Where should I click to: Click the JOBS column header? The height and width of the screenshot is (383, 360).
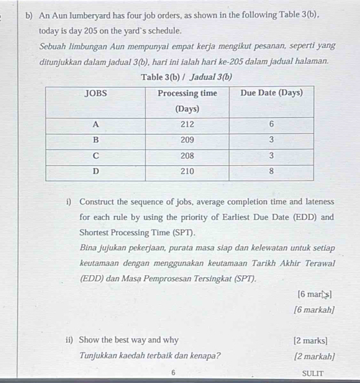(95, 93)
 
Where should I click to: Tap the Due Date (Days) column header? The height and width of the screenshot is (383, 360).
(271, 93)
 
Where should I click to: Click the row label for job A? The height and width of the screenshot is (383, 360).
(95, 124)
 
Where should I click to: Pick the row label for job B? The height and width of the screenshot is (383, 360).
(95, 140)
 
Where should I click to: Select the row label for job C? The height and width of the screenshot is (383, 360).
(95, 155)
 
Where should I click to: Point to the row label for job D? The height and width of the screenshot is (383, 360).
(95, 171)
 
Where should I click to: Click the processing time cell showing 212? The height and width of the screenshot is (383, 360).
(188, 124)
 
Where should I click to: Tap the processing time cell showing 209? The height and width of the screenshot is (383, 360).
(188, 140)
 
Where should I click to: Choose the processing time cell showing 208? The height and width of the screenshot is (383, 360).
(188, 155)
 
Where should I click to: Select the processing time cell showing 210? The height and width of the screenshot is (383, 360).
(188, 171)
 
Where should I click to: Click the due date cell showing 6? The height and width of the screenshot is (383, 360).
(271, 124)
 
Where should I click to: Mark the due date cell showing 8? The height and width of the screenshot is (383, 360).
(271, 171)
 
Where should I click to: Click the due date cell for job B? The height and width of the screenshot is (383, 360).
(271, 140)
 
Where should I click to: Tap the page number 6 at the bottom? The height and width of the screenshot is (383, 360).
(174, 373)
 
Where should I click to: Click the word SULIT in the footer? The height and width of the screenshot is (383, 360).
(312, 373)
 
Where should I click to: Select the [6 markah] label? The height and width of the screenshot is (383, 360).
(313, 310)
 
